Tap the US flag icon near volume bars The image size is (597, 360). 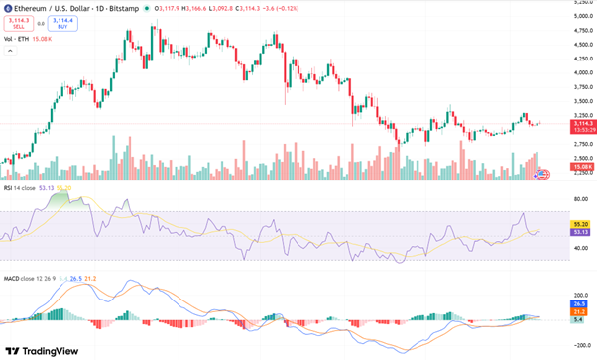pos(542,175)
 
